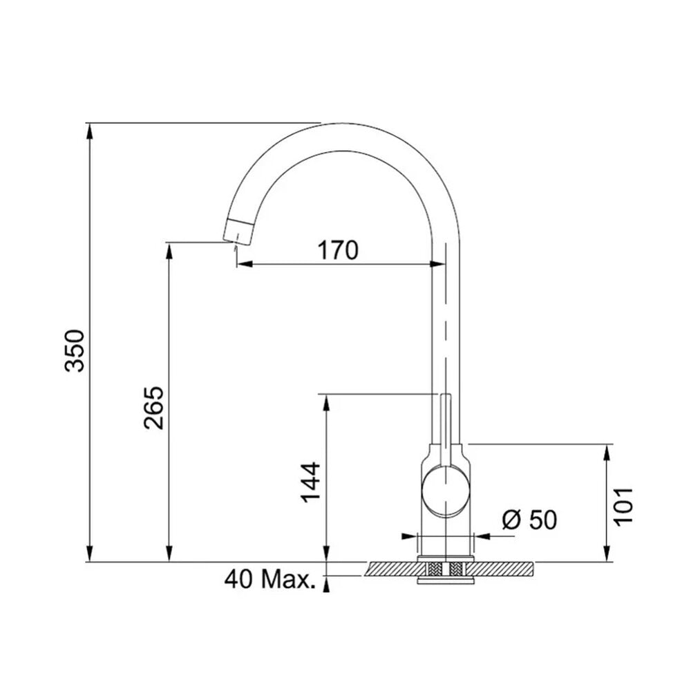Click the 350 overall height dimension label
click(74, 350)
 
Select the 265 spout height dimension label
click(153, 408)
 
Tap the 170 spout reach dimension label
click(338, 250)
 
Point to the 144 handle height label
click(310, 482)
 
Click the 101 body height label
click(623, 507)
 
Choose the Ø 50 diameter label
click(529, 520)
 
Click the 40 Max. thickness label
click(270, 579)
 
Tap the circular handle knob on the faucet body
click(446, 490)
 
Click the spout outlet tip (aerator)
click(238, 230)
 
